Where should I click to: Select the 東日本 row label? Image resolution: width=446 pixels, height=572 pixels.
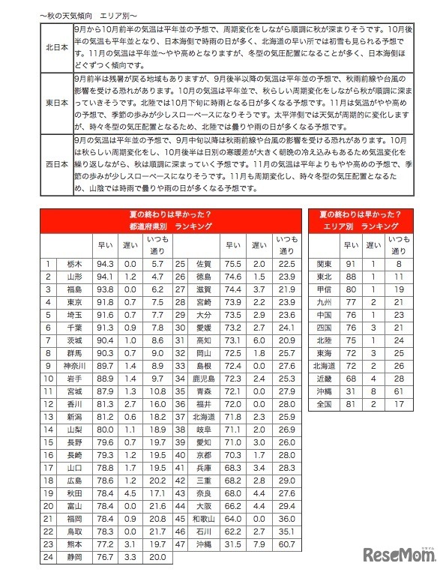click(x=57, y=103)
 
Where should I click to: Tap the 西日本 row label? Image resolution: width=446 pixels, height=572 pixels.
click(x=57, y=164)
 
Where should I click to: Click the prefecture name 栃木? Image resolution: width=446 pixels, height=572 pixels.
click(x=73, y=264)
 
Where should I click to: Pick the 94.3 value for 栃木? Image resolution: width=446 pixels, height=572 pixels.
click(x=104, y=264)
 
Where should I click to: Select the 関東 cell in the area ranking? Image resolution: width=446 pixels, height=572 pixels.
click(x=325, y=264)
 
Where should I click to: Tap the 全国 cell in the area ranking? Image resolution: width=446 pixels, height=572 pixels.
click(x=325, y=403)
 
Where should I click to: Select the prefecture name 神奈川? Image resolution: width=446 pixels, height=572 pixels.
click(x=73, y=364)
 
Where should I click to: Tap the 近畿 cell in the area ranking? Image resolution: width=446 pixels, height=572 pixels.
click(x=325, y=379)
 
